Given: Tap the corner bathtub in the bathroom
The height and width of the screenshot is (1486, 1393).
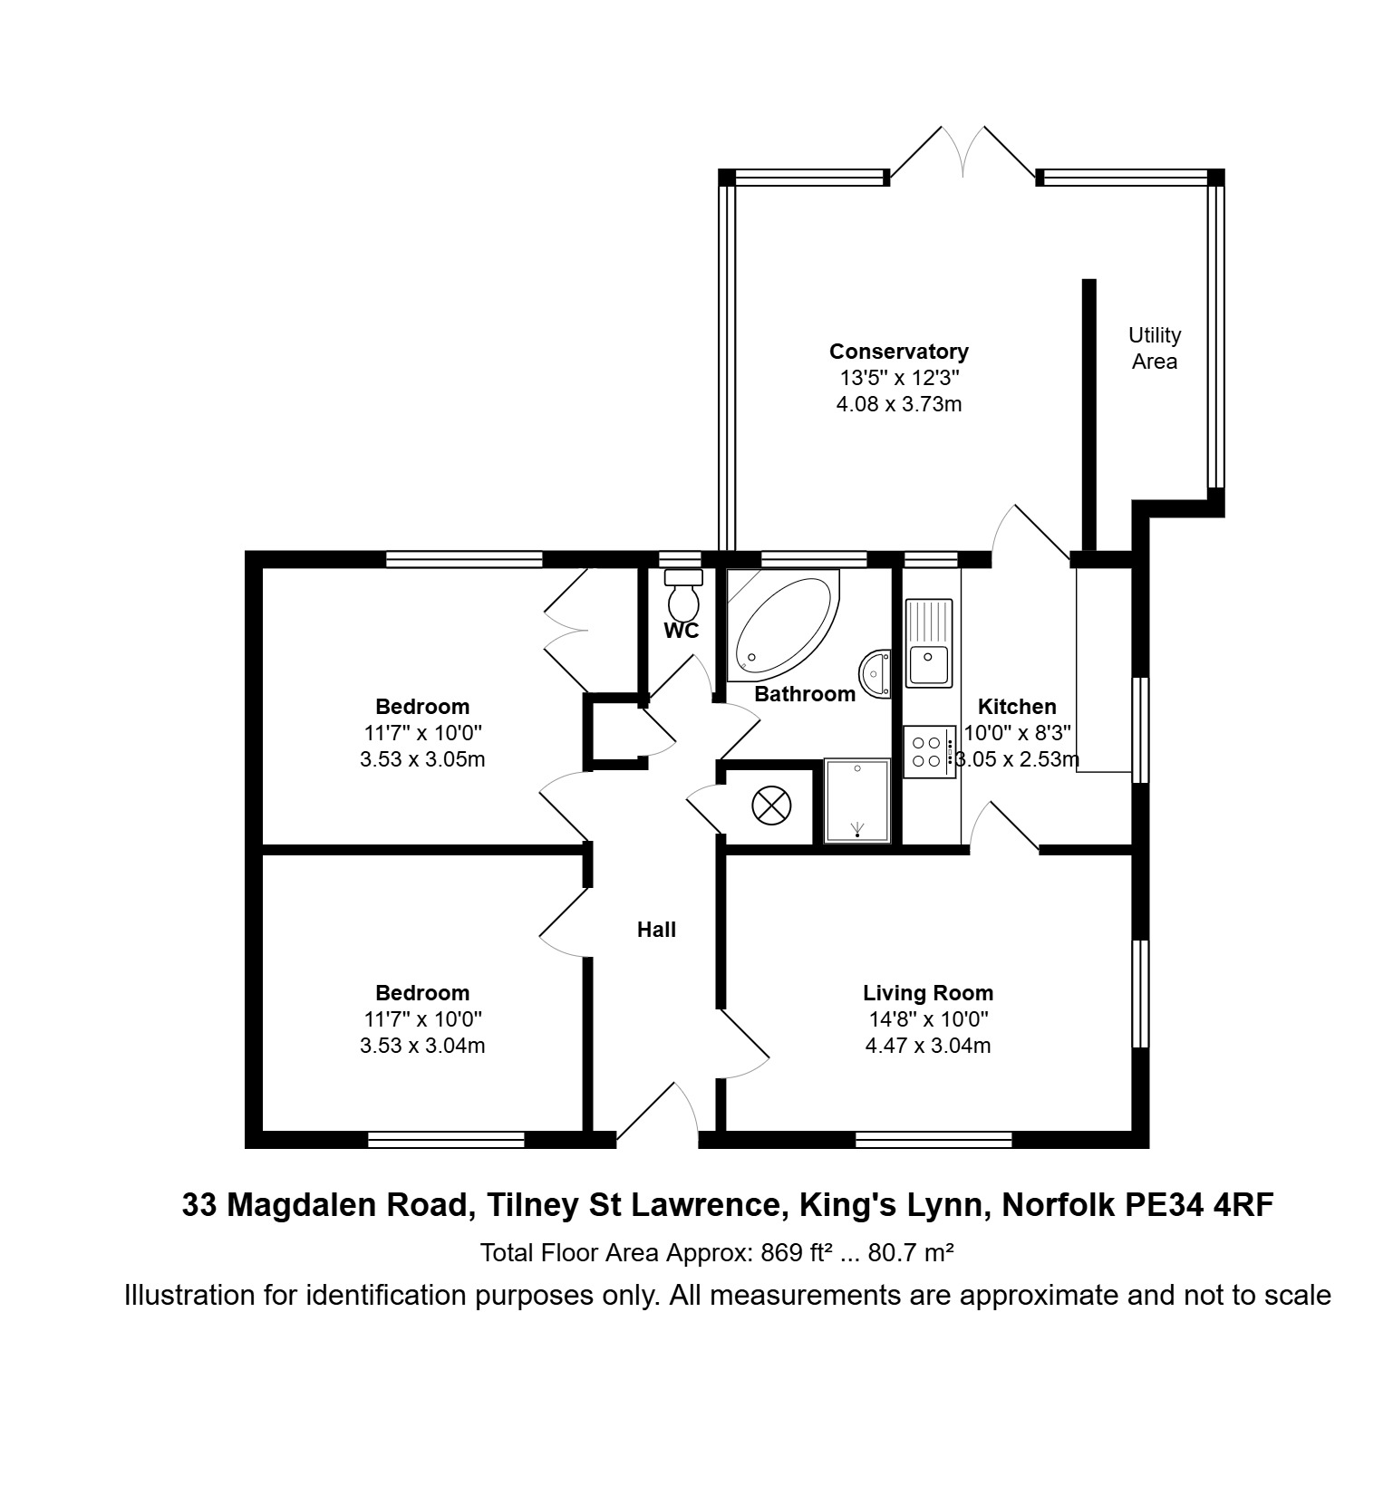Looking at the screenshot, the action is (784, 625).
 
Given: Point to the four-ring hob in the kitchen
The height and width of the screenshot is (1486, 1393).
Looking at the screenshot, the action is (929, 752).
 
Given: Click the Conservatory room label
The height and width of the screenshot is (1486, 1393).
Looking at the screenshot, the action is (899, 352).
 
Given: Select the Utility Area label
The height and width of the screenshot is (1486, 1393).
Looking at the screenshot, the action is (1155, 348).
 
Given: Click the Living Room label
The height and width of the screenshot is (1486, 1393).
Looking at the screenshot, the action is (928, 993).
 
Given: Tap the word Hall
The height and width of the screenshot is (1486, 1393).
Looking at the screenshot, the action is (656, 930).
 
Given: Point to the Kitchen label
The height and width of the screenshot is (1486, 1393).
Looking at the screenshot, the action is (1017, 707).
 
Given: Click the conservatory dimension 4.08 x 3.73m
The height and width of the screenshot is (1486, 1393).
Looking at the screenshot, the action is (899, 404).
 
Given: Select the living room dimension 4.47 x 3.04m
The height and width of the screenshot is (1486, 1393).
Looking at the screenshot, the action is (928, 1046).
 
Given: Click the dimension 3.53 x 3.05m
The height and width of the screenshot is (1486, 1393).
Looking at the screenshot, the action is (422, 759).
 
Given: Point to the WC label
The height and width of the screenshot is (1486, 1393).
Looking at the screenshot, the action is (682, 632).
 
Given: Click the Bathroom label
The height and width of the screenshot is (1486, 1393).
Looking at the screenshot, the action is (805, 694).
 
